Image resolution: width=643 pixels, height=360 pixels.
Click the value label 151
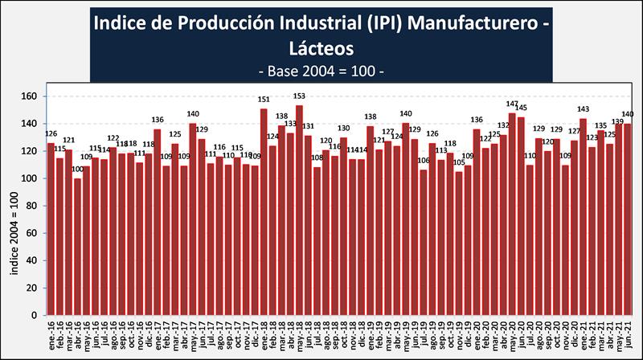coord(264,100)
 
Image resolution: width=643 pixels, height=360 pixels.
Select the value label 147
coord(512,104)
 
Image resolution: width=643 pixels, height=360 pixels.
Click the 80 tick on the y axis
coord(31,206)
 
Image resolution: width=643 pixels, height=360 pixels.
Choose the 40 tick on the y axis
coord(31,261)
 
